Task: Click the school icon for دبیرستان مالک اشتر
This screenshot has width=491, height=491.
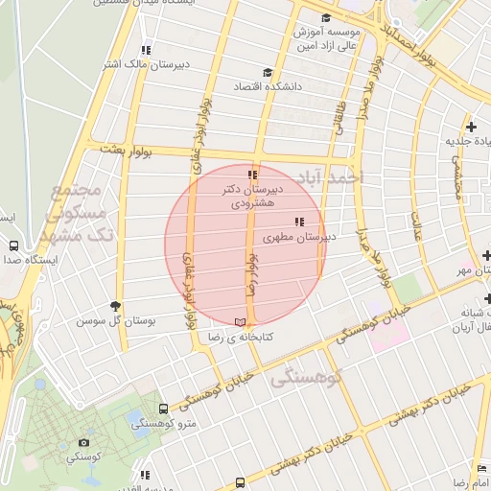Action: pos(146,50)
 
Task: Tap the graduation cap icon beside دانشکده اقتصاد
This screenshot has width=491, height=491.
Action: pos(267,72)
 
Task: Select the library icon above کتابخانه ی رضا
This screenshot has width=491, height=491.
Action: pos(240,321)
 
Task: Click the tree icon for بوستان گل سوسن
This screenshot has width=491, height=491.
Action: pos(117,305)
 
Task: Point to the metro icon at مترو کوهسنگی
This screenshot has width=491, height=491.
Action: pos(162,408)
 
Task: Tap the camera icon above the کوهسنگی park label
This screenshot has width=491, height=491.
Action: pos(83,442)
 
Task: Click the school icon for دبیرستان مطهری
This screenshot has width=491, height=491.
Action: pos(299,222)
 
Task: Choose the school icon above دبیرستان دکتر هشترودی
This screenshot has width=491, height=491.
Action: pos(252,175)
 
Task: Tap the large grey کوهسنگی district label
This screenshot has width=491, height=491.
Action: pos(306,378)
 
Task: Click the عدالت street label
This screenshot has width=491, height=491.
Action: pos(418,225)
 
